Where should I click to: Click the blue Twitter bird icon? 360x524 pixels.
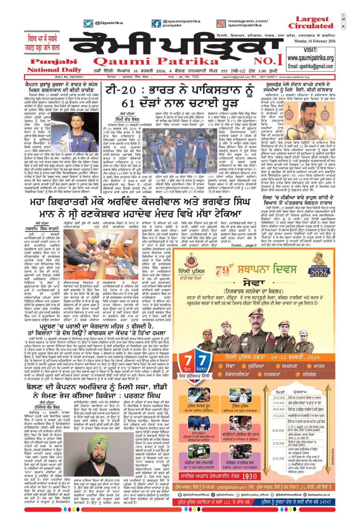(x=88, y=24)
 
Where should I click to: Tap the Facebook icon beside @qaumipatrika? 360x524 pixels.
(x=157, y=24)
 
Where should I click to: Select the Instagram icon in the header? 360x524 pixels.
(x=221, y=24)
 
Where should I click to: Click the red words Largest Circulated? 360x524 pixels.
(x=310, y=23)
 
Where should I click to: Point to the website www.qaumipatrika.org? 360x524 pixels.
(x=310, y=58)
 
